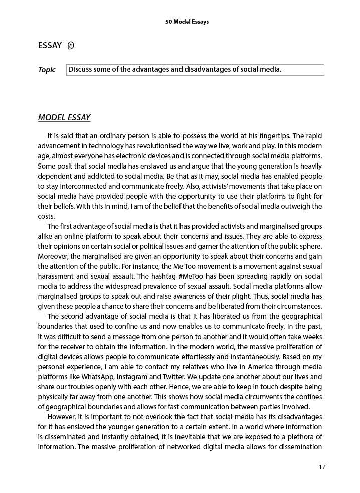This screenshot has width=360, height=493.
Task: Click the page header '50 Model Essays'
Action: click(x=187, y=22)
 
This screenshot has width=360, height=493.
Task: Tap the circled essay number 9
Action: click(x=71, y=46)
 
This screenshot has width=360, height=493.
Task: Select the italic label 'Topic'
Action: click(x=47, y=70)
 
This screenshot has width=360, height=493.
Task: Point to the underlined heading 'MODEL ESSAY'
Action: click(x=64, y=118)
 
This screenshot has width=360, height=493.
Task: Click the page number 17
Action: click(x=322, y=467)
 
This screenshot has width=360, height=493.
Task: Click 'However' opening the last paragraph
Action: click(x=61, y=417)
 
